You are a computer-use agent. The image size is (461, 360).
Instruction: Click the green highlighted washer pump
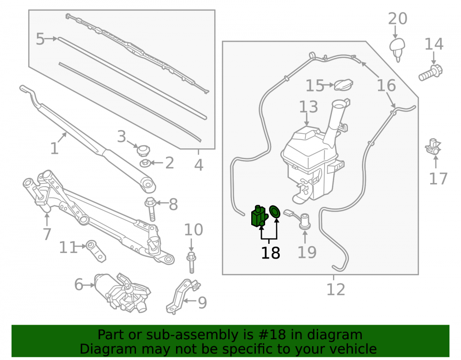pos(259,217)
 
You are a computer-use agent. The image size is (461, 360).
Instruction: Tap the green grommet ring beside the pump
pos(275,212)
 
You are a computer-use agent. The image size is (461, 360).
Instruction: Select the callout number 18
pos(271,253)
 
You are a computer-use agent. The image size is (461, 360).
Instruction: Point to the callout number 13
pos(308,106)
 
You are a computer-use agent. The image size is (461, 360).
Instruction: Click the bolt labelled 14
pos(431,72)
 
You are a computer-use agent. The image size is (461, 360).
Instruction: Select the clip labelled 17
pos(433,147)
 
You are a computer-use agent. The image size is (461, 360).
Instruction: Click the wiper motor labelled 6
pos(122,292)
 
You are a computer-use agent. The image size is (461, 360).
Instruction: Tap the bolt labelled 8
pos(151,209)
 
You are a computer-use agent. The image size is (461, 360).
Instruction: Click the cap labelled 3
pos(143,150)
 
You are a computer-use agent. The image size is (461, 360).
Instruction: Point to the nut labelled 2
pos(145,163)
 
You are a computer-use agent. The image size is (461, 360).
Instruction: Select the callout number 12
pos(336,289)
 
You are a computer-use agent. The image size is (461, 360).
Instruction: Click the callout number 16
pos(386,85)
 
